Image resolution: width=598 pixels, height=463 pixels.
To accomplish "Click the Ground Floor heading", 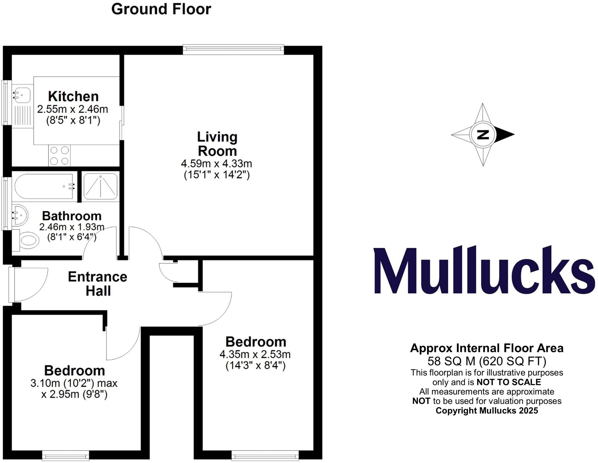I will (161, 9).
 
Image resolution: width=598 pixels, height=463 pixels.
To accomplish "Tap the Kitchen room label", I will (73, 96).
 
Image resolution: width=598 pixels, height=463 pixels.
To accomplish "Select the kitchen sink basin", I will (22, 95).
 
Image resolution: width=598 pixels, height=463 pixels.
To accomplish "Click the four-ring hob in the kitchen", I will (60, 155).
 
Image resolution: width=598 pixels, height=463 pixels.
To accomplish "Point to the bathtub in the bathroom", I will (44, 186).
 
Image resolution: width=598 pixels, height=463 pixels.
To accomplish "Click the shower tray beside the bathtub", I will (100, 186).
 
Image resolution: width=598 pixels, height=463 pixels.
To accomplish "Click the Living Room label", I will (217, 144).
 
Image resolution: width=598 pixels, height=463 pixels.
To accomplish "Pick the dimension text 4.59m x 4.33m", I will (216, 164).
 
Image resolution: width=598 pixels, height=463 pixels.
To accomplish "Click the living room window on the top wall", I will (233, 49).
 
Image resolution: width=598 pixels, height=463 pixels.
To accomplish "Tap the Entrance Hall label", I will (98, 284).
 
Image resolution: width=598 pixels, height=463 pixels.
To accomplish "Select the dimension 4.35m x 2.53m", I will (255, 355).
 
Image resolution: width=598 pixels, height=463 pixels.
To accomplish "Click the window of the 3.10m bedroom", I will (65, 455).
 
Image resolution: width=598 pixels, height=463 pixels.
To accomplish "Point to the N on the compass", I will (483, 135).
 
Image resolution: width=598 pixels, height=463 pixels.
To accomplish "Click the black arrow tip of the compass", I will (507, 135).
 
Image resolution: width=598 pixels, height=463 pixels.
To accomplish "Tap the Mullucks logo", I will (484, 270).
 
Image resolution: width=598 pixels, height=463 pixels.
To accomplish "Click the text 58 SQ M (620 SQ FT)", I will (487, 361).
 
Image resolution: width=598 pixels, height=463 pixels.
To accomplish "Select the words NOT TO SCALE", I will (509, 382).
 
